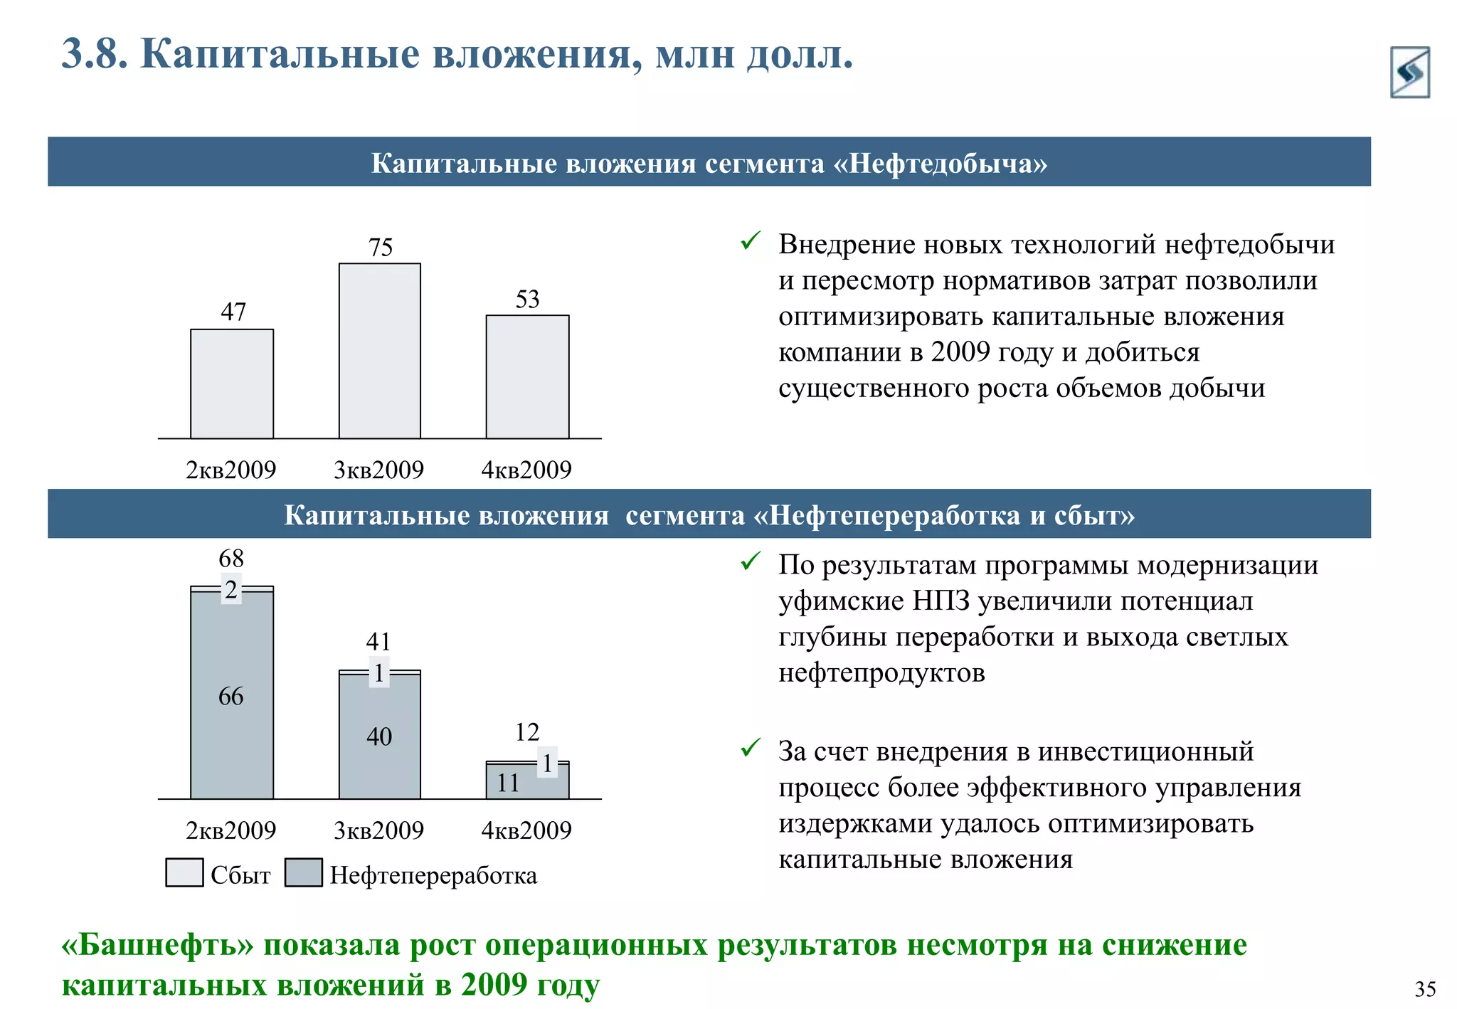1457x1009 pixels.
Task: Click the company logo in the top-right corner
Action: coord(1409,72)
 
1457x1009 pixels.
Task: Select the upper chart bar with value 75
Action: coord(379,351)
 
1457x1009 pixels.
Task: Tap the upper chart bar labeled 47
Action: coord(232,384)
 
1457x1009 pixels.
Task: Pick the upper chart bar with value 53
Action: coord(527,376)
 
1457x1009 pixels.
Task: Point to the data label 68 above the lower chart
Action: coord(231,559)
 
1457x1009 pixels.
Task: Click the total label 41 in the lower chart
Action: coord(378,642)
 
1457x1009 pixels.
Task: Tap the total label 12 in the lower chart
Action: coord(527,732)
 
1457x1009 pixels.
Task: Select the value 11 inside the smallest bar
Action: coord(508,783)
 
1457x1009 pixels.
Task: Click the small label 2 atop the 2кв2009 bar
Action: coord(231,590)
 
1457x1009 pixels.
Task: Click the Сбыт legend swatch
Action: coord(184,872)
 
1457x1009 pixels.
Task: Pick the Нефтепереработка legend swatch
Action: coord(303,872)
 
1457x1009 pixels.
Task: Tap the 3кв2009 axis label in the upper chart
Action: coord(378,470)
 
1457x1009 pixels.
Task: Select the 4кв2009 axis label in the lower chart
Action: coord(526,830)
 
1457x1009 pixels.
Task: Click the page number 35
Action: coord(1425,988)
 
